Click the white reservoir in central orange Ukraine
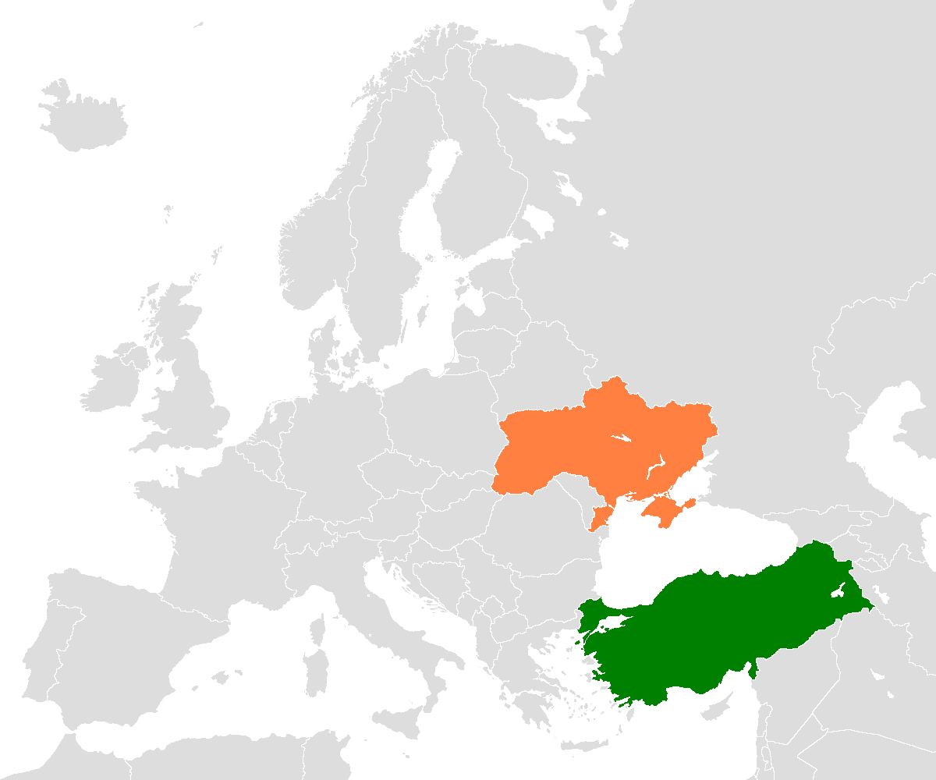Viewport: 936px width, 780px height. tap(622, 438)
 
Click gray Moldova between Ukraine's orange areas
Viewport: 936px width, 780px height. tap(581, 499)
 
